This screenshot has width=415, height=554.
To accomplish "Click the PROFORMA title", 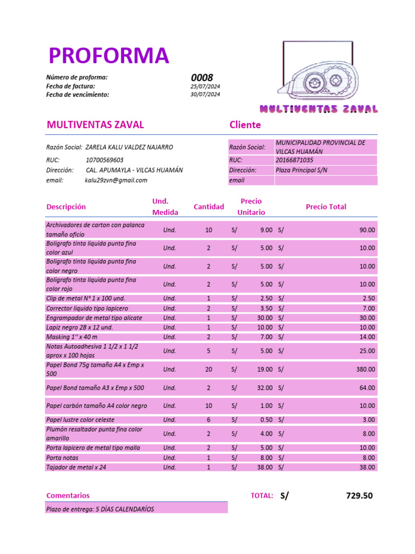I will [x=108, y=56].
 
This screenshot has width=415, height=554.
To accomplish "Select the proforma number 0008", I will [x=202, y=78].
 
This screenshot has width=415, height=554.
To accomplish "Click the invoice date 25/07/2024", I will [x=205, y=87].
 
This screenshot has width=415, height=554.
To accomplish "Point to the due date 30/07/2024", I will [x=205, y=95].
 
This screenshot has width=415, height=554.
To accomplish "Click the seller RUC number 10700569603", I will [x=104, y=160].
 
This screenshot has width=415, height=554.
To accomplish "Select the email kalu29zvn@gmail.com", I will [x=116, y=180].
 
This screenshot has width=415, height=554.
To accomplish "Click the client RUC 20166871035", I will [x=294, y=160].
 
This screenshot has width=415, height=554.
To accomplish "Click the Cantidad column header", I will [x=209, y=207].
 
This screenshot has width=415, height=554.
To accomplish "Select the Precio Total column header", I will [x=326, y=207].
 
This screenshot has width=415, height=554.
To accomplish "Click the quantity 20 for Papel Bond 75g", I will [x=209, y=370].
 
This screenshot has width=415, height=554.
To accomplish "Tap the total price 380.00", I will [x=367, y=370].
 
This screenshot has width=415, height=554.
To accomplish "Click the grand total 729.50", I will [x=359, y=496].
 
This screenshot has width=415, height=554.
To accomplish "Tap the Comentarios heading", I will [x=68, y=496].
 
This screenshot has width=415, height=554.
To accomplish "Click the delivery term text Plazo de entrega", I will [x=100, y=509].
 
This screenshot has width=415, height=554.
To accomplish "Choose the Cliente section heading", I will [x=245, y=125].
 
